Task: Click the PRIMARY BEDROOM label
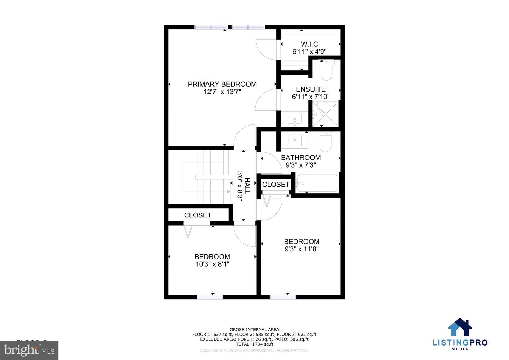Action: (222, 84)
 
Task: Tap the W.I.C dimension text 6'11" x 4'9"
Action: (309, 52)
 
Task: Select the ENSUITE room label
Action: (311, 89)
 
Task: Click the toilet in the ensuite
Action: (326, 70)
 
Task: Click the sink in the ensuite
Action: (294, 119)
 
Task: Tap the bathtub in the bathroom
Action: (317, 183)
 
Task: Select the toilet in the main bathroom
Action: (325, 142)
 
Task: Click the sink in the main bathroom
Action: (294, 140)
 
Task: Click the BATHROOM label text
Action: (301, 157)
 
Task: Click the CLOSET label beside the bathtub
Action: (276, 185)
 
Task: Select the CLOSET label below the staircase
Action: (198, 215)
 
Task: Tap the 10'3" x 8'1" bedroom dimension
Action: (212, 264)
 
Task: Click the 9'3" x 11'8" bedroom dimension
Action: (302, 249)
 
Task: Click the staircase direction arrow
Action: (228, 191)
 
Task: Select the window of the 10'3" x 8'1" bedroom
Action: (210, 297)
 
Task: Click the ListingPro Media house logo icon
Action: (460, 327)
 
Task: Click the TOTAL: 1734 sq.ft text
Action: (254, 344)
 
